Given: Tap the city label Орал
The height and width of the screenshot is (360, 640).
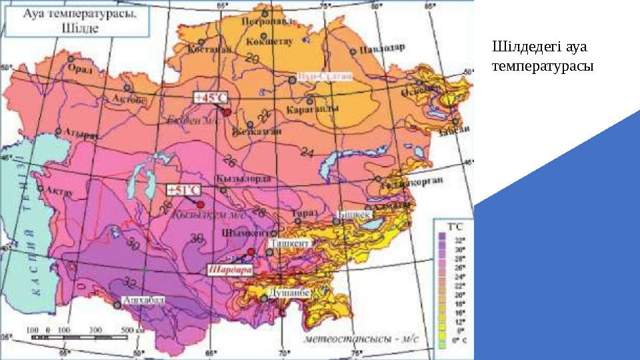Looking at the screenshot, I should click(83, 67).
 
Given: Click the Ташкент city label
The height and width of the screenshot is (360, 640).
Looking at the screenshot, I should click(289, 244).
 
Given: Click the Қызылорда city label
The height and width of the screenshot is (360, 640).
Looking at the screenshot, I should click(235, 179).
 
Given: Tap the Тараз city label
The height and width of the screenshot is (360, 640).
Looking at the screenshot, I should click(304, 213).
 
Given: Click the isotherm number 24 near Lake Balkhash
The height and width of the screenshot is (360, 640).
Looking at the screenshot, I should click(307, 153).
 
